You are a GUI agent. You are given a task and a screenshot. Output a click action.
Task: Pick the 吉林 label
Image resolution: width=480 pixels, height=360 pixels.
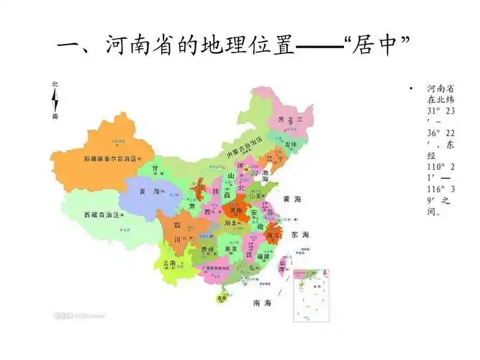click(290, 144)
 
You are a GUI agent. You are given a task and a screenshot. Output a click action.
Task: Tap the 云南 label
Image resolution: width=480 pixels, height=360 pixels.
click(171, 264)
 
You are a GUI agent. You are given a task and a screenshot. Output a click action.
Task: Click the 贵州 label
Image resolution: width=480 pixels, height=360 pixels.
click(207, 250)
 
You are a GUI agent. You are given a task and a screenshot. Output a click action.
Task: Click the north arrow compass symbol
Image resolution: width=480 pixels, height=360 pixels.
click(55, 100)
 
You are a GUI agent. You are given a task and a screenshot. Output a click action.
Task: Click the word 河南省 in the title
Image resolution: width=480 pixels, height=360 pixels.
click(141, 48)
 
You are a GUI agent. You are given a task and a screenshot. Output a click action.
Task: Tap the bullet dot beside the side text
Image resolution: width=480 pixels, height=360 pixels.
click(410, 89)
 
